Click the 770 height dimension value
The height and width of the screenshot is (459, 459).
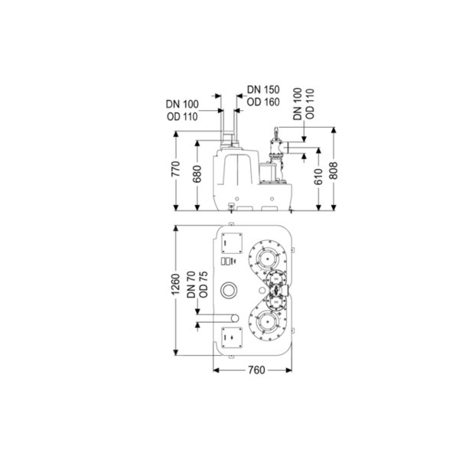[176, 169]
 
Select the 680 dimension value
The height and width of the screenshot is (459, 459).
[197, 174]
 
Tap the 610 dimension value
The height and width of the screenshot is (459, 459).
[318, 177]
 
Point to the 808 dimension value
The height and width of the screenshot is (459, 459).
[333, 171]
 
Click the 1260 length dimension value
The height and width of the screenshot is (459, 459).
[176, 285]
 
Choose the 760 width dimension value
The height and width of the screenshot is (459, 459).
[256, 370]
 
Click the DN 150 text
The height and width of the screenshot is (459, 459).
[263, 90]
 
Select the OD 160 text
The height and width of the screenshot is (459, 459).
[263, 103]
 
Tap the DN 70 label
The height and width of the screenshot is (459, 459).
[191, 285]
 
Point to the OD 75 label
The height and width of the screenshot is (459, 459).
[203, 285]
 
